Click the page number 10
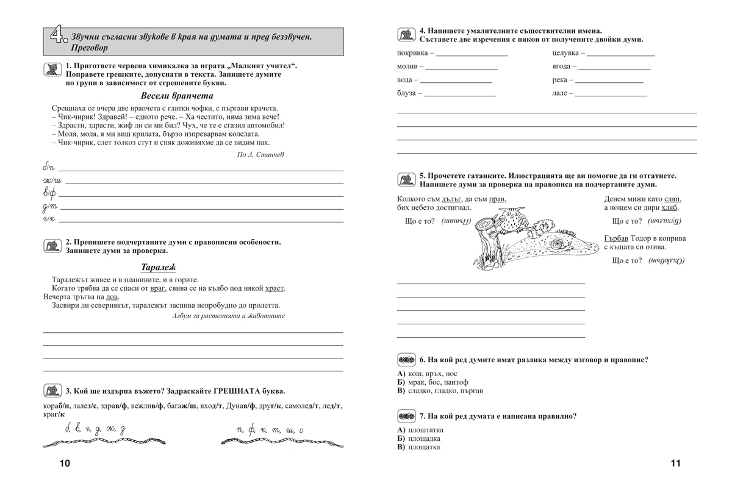coord(65,463)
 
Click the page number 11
coord(675,463)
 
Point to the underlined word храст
coord(276,288)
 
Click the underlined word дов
coord(112,297)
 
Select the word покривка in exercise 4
coord(412,53)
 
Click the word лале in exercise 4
coord(559,93)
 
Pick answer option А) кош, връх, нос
coord(426,374)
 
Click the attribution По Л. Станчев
coord(259,154)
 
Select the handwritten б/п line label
coord(49,167)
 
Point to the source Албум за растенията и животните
coord(228,316)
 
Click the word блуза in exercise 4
coord(406,93)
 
